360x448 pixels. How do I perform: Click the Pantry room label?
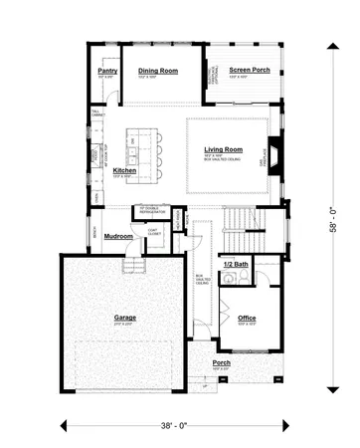(107, 73)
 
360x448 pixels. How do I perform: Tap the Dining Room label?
(157, 71)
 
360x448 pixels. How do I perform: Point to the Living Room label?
(224, 149)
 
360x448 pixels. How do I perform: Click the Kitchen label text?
(124, 171)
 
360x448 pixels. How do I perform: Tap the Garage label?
(124, 318)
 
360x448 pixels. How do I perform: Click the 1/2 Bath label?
(236, 264)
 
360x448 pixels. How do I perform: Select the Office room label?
(247, 319)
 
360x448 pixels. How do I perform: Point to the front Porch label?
(222, 363)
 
